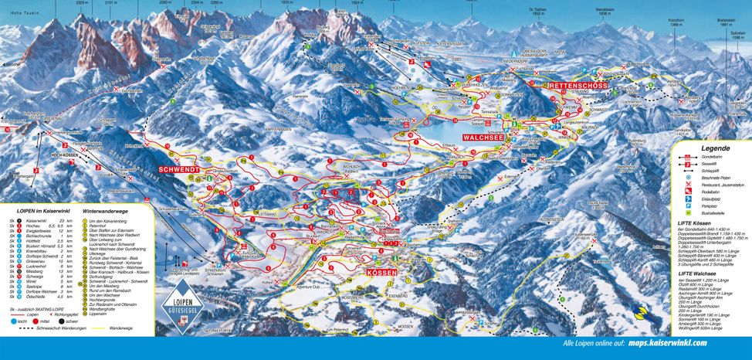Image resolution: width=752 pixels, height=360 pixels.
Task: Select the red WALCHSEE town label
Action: point(485,137)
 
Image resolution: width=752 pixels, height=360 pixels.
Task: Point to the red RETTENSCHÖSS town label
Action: point(579,85)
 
